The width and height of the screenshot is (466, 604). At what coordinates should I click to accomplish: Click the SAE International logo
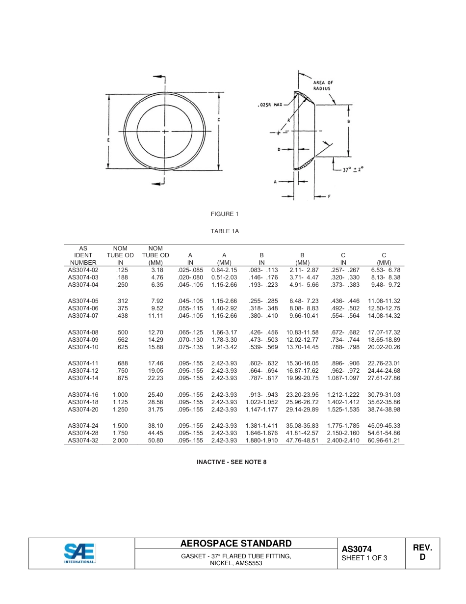click(79, 553)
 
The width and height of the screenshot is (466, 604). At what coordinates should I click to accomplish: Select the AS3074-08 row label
click(83, 332)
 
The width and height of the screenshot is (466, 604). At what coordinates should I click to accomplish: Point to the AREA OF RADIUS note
click(323, 85)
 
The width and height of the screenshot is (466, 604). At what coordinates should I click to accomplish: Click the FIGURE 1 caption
click(224, 214)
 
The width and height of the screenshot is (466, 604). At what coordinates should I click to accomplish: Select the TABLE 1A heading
click(224, 231)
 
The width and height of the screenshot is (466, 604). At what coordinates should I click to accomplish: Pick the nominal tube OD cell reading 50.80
click(155, 440)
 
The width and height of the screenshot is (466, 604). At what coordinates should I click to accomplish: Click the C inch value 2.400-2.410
click(343, 440)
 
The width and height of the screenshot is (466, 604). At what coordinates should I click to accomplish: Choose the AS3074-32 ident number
click(83, 440)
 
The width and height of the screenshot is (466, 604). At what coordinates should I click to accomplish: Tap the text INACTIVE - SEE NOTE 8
click(232, 462)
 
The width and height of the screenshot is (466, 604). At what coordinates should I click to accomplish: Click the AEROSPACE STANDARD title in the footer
click(236, 544)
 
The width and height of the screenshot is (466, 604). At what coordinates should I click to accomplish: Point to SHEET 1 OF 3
click(364, 558)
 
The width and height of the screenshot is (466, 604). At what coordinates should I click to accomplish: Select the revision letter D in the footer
click(422, 558)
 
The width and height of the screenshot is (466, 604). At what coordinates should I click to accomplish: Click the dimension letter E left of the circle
click(108, 140)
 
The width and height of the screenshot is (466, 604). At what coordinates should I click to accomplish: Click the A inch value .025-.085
click(190, 270)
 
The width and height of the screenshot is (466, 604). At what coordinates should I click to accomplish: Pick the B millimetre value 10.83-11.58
click(302, 332)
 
